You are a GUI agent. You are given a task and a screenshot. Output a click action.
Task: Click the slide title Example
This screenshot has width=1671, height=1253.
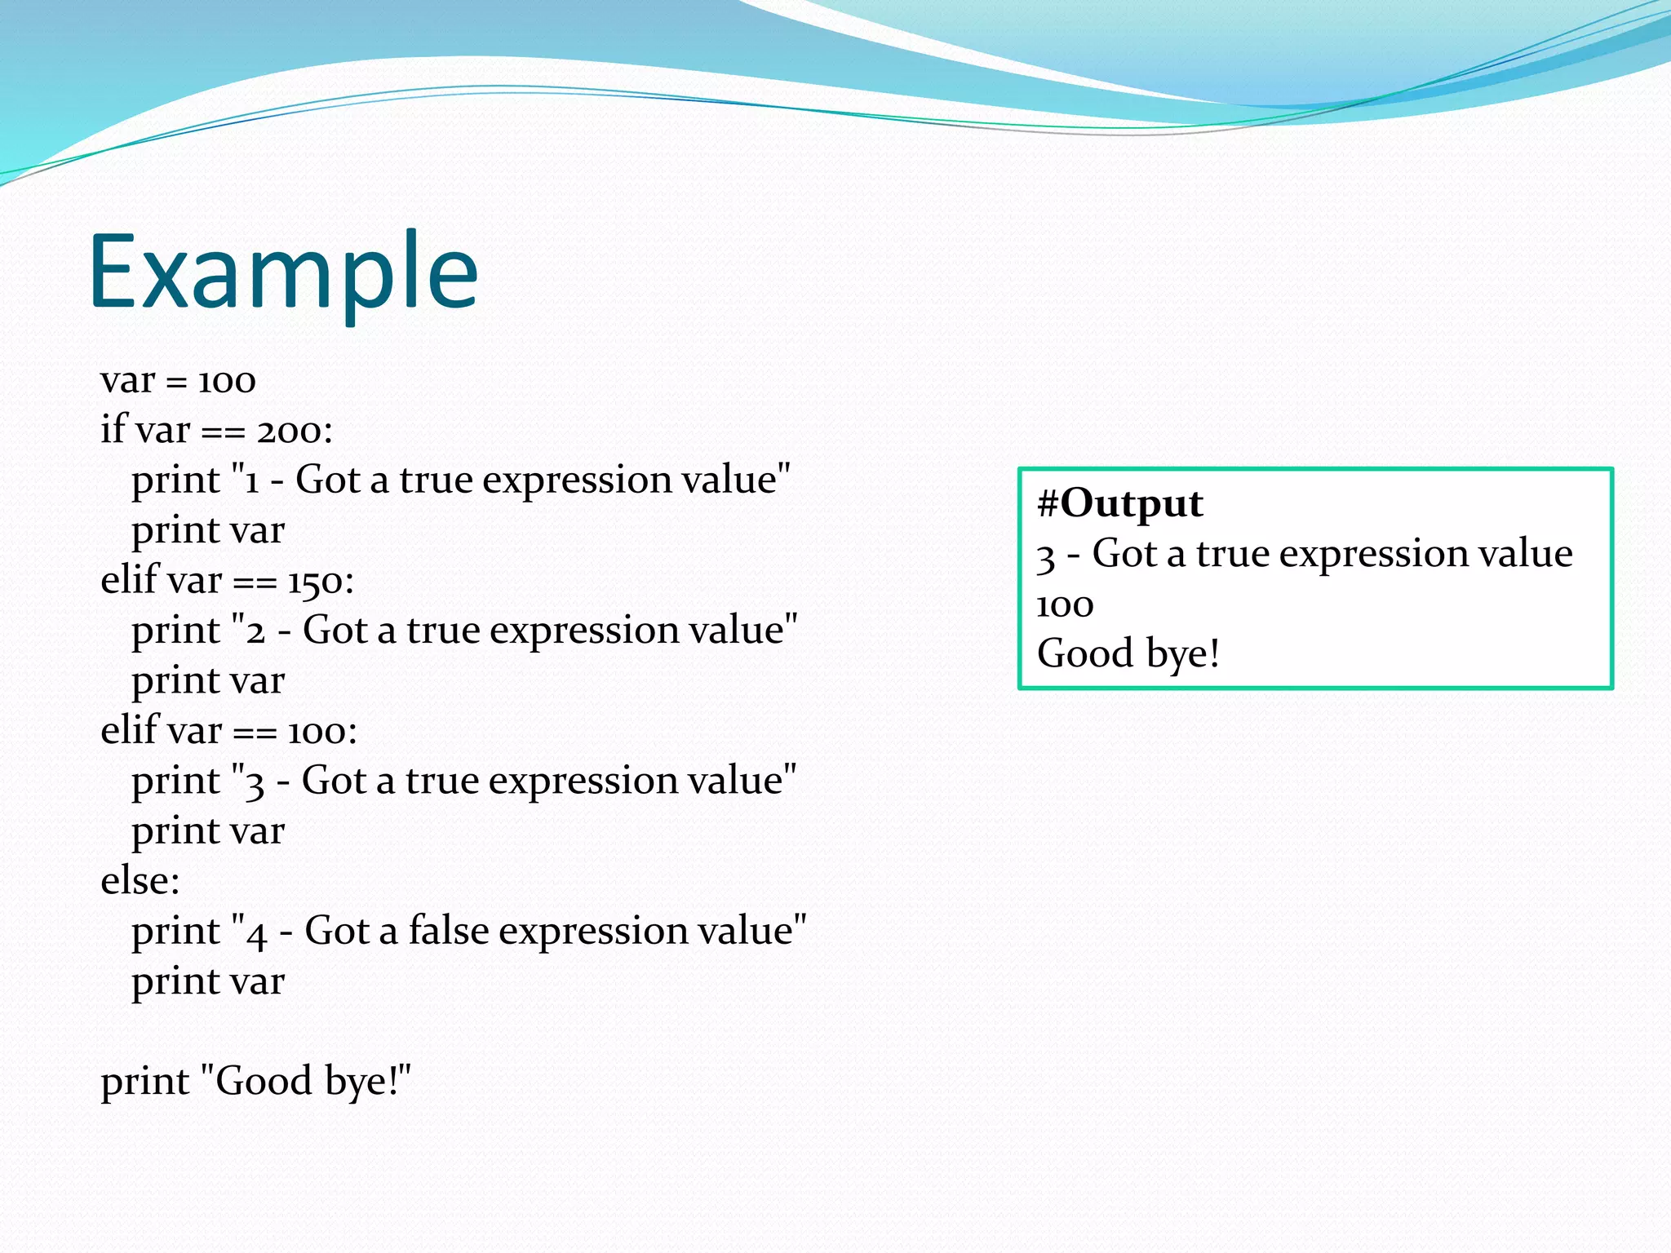(282, 273)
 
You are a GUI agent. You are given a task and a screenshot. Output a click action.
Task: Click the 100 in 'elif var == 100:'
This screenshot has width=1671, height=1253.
(317, 732)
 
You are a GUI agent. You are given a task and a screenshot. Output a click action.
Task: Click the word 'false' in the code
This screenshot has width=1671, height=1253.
(448, 931)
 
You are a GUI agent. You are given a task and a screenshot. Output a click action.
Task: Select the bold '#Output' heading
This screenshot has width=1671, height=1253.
(1119, 504)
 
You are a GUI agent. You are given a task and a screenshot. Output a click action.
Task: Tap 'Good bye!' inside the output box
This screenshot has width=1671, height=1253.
(1128, 654)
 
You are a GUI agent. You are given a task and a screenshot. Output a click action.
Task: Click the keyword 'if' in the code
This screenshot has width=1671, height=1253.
(113, 429)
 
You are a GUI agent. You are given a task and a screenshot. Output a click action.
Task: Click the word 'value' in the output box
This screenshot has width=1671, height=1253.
(1525, 555)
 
